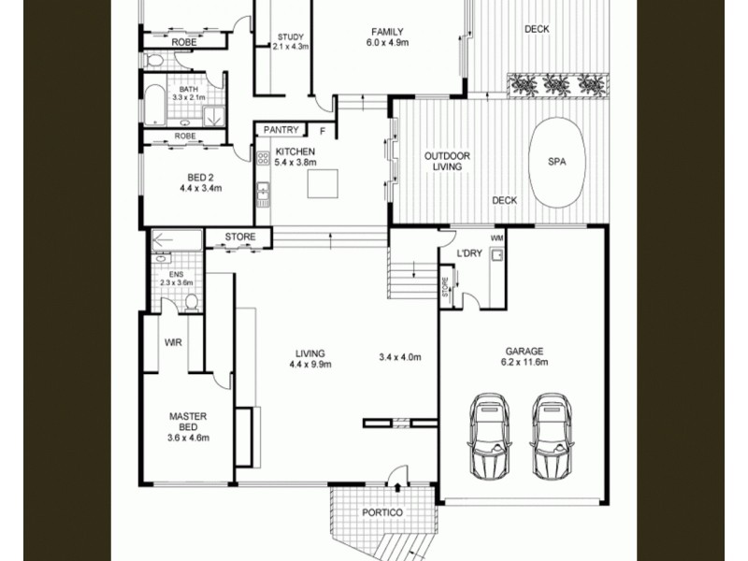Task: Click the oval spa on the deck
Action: tap(557, 161)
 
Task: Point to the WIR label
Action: tap(173, 343)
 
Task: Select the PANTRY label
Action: tap(280, 130)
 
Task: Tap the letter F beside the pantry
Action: tap(323, 130)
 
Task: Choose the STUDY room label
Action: tap(290, 38)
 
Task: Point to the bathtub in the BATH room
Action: tap(152, 104)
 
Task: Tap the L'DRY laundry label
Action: tap(469, 254)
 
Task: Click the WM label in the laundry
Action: tap(496, 238)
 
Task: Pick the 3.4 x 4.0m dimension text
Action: tap(400, 357)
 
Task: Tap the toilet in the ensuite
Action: tap(192, 302)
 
